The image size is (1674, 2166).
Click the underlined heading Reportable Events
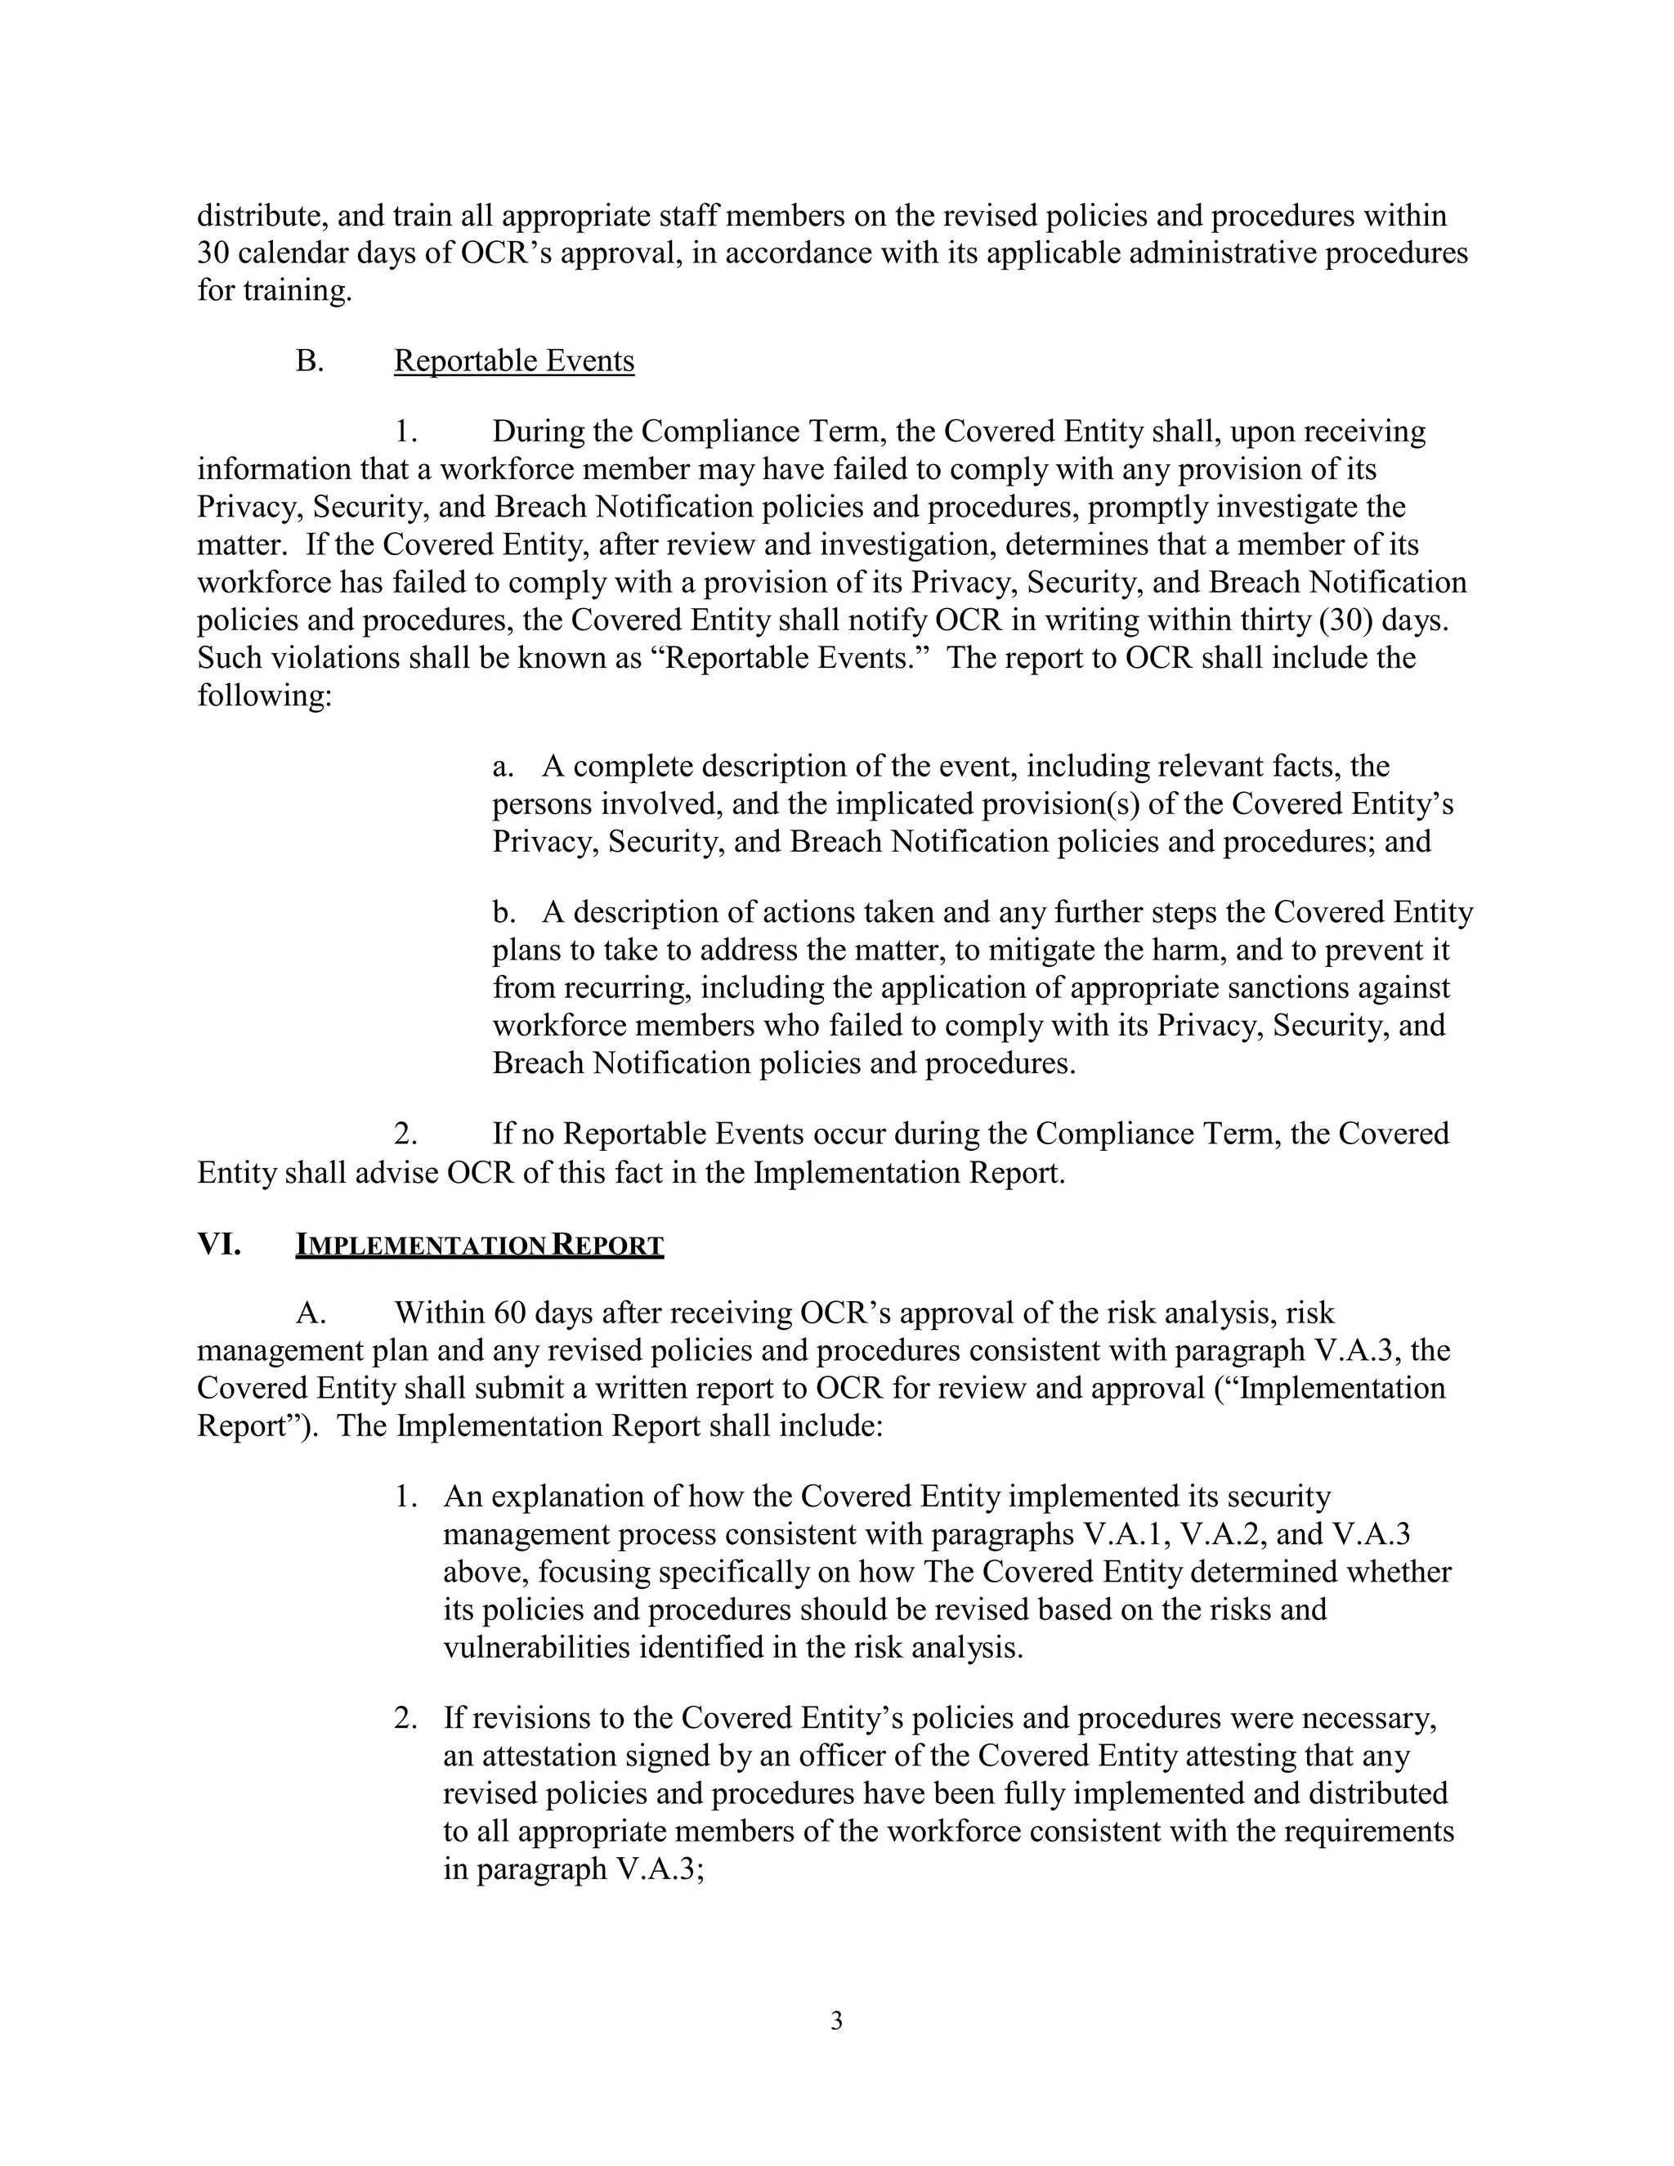click(x=513, y=361)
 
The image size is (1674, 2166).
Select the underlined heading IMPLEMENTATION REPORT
click(x=479, y=1246)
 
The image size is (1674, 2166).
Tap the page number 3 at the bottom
click(x=836, y=2021)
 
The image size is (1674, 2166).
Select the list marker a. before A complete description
click(x=503, y=767)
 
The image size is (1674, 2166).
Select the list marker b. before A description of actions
click(x=503, y=912)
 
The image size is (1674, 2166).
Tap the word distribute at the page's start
click(x=261, y=217)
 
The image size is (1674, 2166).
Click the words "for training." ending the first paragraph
click(x=275, y=292)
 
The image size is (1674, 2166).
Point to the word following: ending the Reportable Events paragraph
click(x=264, y=696)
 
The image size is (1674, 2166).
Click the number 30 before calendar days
click(x=213, y=254)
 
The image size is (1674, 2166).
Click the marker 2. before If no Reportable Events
click(x=405, y=1134)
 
